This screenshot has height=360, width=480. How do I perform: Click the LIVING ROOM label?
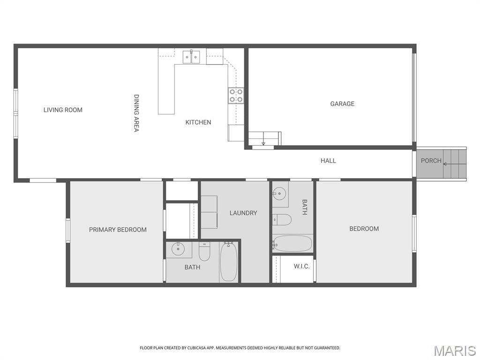coord(63,110)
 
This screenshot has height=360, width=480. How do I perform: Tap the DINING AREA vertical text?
coord(136,113)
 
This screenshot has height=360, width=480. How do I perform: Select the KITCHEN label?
coord(198,122)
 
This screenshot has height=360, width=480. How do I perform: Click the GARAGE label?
coord(342,104)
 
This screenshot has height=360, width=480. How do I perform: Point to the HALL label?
coord(328,161)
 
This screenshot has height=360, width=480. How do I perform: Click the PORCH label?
coord(431,161)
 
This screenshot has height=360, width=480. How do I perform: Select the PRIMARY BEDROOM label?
coord(118,230)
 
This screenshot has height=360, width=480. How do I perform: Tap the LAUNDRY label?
coord(243,213)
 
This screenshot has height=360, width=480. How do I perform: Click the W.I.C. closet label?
coord(301,266)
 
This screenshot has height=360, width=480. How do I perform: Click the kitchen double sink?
coord(191,57)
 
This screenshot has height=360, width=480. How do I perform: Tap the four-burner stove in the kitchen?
coord(236,95)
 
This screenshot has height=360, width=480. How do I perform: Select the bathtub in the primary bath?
coord(229,262)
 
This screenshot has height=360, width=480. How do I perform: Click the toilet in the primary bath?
coord(204,252)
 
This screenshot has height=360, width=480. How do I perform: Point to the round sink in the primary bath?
coord(179,249)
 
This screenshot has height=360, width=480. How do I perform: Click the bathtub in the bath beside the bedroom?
coord(293,244)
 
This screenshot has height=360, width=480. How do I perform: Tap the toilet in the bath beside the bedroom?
coord(283,219)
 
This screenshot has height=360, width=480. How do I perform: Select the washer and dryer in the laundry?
coord(209,212)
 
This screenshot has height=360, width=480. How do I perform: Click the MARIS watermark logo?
coord(455,351)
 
